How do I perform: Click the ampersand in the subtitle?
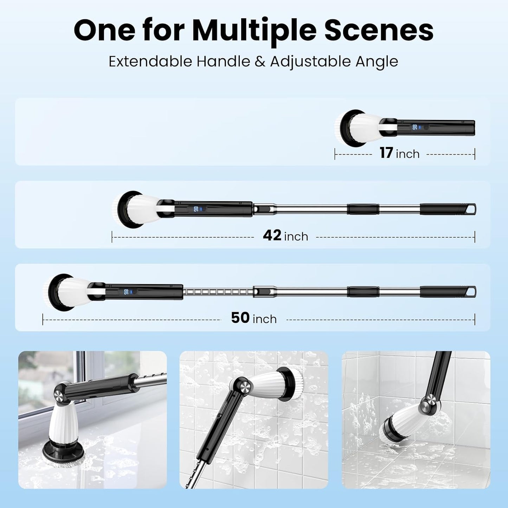click(260, 62)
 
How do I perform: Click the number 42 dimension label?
click(272, 235)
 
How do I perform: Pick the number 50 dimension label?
click(240, 318)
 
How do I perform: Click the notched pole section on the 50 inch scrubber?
click(218, 292)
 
